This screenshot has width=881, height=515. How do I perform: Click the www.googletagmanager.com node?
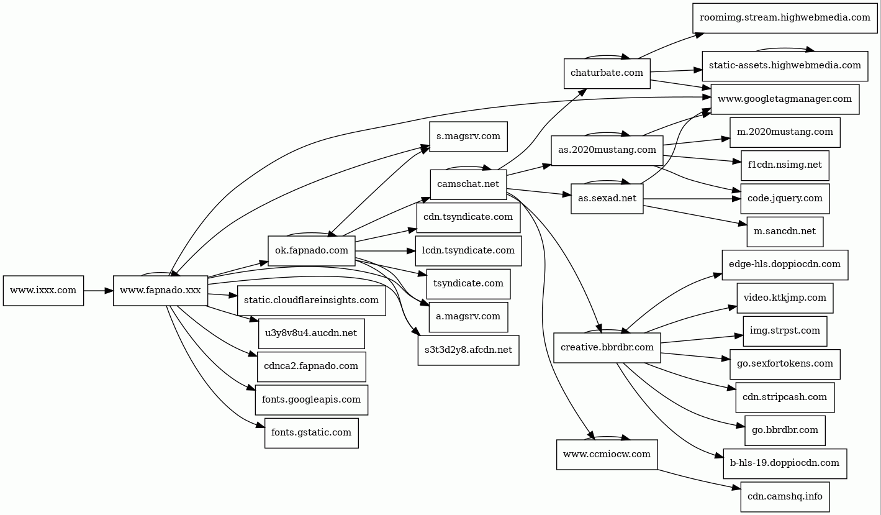785,99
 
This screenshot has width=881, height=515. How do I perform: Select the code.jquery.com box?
785,198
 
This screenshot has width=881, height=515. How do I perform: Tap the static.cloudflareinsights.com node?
311,300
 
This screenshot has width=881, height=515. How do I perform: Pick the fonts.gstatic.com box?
311,432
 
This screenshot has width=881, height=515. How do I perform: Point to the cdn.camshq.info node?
785,496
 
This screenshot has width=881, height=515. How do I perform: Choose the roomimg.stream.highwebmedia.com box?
785,17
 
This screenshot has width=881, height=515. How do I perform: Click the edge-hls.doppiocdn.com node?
785,265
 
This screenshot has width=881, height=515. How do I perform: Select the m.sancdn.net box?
785,232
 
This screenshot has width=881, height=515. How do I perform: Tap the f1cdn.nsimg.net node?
785,165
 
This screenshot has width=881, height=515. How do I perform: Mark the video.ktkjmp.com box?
785,298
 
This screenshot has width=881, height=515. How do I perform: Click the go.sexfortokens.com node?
785,364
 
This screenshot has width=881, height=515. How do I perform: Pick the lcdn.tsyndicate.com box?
468,251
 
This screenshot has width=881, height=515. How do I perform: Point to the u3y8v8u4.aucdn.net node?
311,333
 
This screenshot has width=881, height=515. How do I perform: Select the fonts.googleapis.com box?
311,399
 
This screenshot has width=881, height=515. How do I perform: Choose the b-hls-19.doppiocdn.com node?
785,463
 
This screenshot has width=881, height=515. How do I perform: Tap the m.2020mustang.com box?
785,132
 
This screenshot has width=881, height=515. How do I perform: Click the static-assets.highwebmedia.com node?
785,66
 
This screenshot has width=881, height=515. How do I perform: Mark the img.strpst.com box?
785,331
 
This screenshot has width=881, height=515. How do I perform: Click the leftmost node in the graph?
43,291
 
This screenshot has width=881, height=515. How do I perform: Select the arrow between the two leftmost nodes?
98,291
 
